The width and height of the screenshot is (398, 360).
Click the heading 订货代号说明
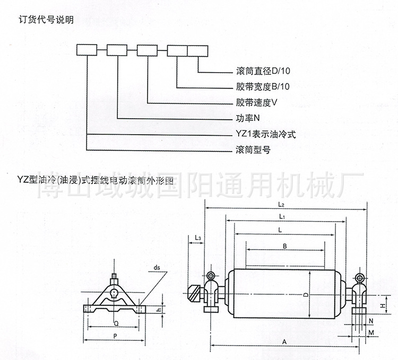pyautogui.click(x=47, y=21)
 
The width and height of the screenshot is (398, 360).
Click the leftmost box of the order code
pyautogui.click(x=87, y=51)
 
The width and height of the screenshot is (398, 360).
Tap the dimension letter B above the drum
pyautogui.click(x=284, y=247)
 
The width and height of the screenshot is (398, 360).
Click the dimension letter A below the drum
pyautogui.click(x=285, y=343)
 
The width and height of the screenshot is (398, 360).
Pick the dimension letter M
pyautogui.click(x=372, y=332)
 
